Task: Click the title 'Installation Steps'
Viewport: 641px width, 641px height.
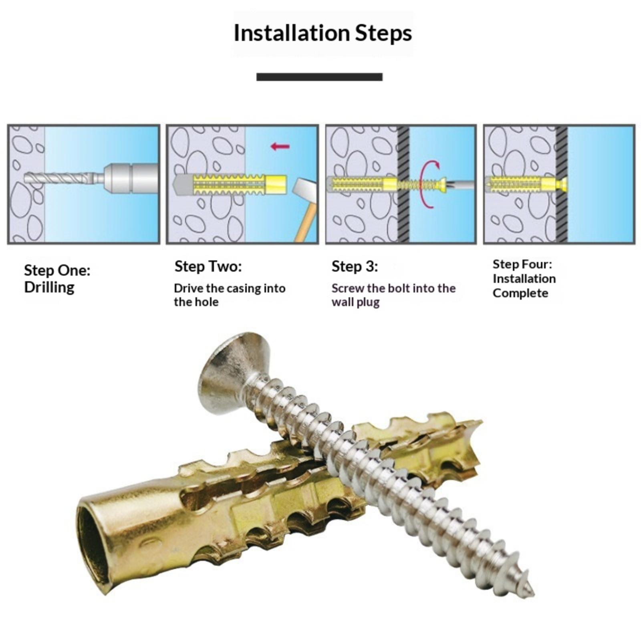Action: [323, 33]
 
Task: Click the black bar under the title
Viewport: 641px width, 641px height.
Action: [319, 77]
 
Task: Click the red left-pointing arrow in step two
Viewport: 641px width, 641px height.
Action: [280, 146]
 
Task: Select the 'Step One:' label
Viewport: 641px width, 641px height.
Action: [57, 270]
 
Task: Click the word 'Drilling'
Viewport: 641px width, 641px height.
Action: [49, 287]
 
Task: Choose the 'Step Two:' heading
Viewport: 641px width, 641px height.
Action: [208, 266]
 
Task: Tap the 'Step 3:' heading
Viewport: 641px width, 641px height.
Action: [355, 266]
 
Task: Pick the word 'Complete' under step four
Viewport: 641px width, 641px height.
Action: [520, 293]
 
